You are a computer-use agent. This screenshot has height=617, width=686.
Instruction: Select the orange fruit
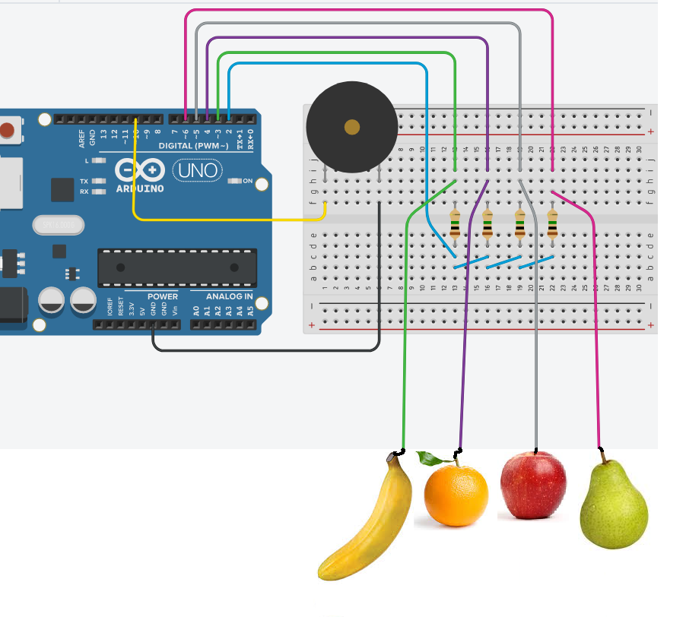click(456, 496)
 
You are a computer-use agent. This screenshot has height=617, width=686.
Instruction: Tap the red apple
click(533, 486)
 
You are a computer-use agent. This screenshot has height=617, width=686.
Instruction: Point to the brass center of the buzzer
click(351, 128)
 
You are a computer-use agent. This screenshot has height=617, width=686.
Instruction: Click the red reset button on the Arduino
click(7, 130)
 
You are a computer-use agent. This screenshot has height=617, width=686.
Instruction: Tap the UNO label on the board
click(198, 170)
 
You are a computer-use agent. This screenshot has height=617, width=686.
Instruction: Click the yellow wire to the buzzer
click(228, 220)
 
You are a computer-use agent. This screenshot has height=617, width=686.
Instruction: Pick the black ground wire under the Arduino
click(266, 350)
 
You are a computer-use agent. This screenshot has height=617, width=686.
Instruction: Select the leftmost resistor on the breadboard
click(455, 225)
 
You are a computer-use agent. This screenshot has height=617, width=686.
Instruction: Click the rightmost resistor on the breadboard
click(552, 225)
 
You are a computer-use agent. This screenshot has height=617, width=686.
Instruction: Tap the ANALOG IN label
click(228, 296)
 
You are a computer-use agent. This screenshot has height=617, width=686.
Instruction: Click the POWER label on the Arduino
click(163, 296)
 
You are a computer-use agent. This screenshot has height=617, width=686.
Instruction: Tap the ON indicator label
click(248, 181)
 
